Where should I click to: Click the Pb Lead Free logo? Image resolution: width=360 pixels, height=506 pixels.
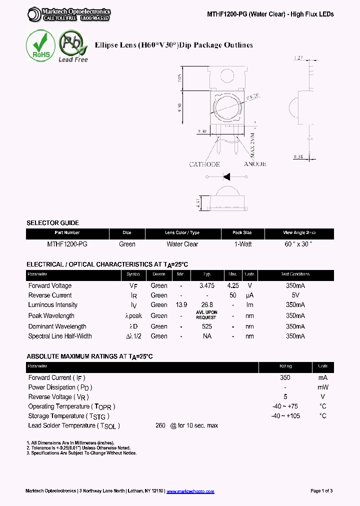pos(73,46)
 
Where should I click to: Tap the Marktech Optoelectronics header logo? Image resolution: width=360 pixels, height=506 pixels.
pos(69,14)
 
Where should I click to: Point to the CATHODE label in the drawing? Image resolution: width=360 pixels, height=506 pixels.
pos(204,164)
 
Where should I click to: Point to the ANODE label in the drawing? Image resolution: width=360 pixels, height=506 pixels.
pos(254,164)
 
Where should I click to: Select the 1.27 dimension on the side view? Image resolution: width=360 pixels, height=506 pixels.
pos(299,58)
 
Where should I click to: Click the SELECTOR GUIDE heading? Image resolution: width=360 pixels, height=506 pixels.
pos(52,223)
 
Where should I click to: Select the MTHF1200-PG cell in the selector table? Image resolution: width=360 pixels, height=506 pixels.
pos(67,244)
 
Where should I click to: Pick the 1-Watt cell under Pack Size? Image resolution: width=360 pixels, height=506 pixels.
pos(242,244)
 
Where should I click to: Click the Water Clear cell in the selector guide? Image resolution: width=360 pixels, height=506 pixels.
pos(182,244)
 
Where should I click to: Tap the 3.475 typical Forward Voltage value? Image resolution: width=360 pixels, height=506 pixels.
pos(206,285)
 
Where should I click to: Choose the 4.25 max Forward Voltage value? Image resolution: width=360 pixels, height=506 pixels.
pos(233,285)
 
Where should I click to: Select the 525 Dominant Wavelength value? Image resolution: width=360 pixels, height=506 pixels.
pos(206,326)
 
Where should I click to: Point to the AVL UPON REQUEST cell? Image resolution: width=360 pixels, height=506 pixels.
pos(206,315)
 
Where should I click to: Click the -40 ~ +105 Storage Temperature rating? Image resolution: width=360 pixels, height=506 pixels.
pos(285,416)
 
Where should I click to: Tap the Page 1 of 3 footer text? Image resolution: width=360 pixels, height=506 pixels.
pos(321,491)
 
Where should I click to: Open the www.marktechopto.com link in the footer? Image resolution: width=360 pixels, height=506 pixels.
pos(190,491)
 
